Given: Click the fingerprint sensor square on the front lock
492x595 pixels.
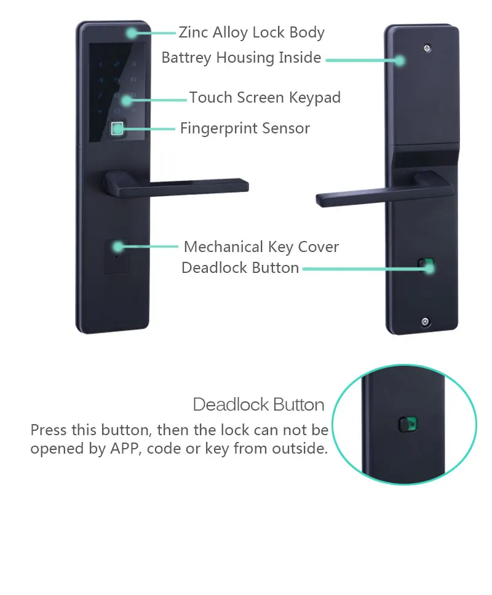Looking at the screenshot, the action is [x=117, y=128].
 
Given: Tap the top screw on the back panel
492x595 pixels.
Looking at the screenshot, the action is [x=427, y=49].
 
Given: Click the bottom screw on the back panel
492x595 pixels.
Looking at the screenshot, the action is [x=425, y=322].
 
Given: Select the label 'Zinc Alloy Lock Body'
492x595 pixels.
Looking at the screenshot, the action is [x=252, y=33].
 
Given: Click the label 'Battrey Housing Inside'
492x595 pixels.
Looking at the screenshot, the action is [x=242, y=58].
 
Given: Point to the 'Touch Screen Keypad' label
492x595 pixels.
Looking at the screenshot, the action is [x=265, y=98].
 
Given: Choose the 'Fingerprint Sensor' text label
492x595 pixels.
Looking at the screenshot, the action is [x=245, y=128].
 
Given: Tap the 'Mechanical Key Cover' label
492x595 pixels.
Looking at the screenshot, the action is [x=261, y=247].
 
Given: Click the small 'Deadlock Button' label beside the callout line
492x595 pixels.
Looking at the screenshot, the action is [x=240, y=268].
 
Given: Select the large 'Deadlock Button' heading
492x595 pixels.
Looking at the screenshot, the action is [x=258, y=404].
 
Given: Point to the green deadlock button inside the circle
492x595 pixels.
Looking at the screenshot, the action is [x=408, y=424].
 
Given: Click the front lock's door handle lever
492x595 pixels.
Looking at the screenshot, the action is [x=176, y=186].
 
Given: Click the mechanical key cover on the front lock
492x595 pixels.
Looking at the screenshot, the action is [x=116, y=256].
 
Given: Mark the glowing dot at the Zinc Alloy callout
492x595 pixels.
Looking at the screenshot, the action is [x=132, y=33].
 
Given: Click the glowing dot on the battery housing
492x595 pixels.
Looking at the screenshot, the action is [x=399, y=60].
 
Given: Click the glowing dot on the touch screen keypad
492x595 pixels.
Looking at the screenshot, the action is [x=127, y=100].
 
